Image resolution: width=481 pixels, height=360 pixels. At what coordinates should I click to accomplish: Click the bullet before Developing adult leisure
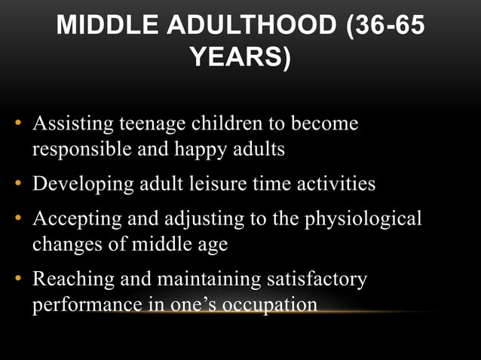coord(17,184)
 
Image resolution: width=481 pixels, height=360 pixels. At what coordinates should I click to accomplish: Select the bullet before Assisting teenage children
coord(17,123)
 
